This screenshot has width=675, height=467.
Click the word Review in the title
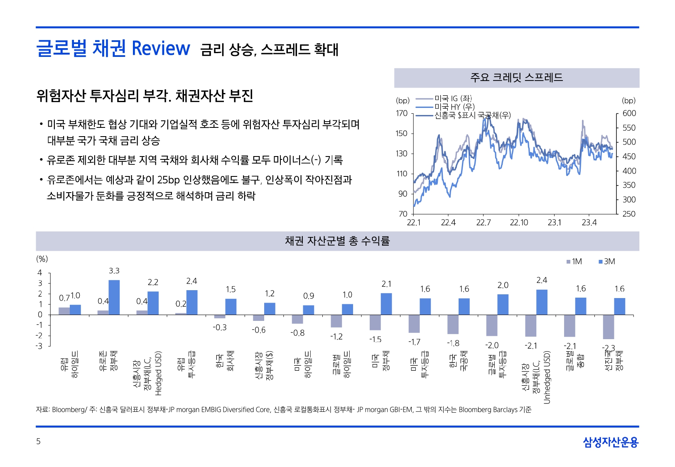(x=161, y=49)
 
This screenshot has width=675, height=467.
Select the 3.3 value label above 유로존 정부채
(x=114, y=271)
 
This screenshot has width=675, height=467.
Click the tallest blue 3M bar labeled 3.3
(x=114, y=297)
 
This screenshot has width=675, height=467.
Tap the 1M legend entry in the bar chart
(x=574, y=262)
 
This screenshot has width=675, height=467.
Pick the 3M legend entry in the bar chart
(x=606, y=262)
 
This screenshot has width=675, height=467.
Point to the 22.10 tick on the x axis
(x=519, y=223)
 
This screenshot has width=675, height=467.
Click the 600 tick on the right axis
(x=629, y=113)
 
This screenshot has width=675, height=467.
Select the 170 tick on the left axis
(x=402, y=113)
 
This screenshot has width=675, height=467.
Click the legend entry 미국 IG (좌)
(x=453, y=98)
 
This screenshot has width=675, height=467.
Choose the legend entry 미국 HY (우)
(x=454, y=107)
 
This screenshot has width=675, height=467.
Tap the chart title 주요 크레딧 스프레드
(x=516, y=78)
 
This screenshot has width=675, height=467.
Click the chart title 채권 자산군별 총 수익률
(x=337, y=241)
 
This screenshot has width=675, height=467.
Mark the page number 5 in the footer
(x=38, y=441)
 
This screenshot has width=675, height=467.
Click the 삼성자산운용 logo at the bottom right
(x=610, y=442)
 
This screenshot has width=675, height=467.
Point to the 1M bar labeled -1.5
(x=375, y=323)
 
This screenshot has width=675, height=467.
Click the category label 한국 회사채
(x=226, y=361)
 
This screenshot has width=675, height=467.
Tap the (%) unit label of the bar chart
(x=42, y=259)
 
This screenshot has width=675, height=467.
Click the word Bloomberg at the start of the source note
(x=68, y=410)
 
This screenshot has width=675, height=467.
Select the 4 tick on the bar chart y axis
(x=40, y=273)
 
